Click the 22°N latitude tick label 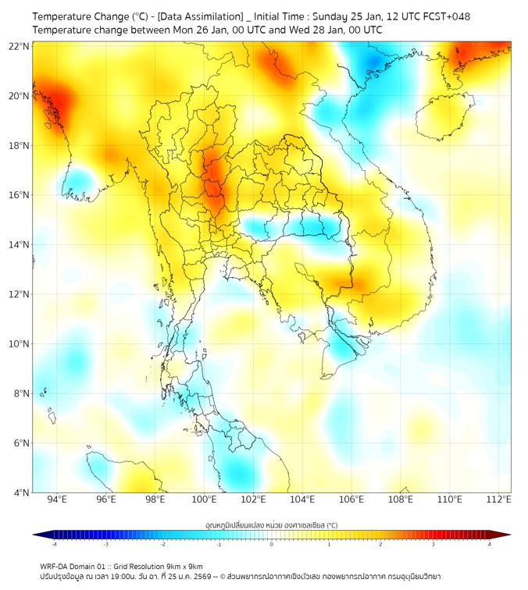coord(20,46)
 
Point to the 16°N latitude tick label coord(20,195)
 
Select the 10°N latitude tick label coord(20,344)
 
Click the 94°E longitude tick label coord(57,499)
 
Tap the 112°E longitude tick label coord(499,499)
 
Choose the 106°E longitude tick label coord(351,499)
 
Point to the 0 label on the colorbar coord(272,544)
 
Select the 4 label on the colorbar coord(490,544)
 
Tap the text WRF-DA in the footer coord(55,566)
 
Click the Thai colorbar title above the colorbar coord(271,525)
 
